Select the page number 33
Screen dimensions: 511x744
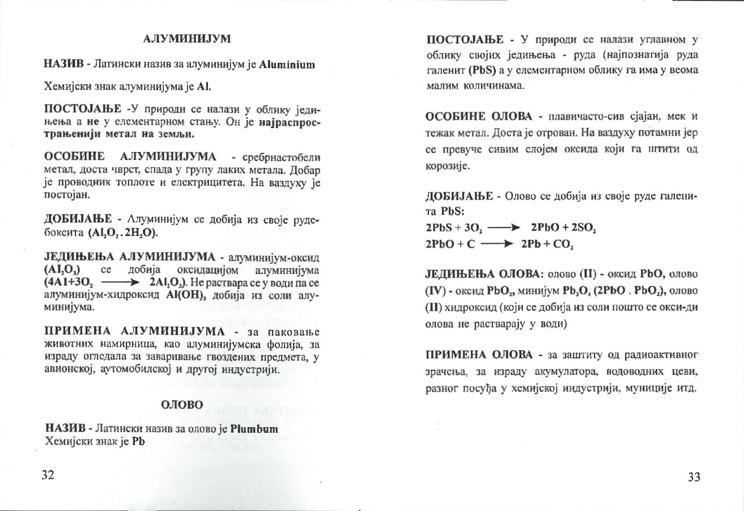[x=694, y=476]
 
